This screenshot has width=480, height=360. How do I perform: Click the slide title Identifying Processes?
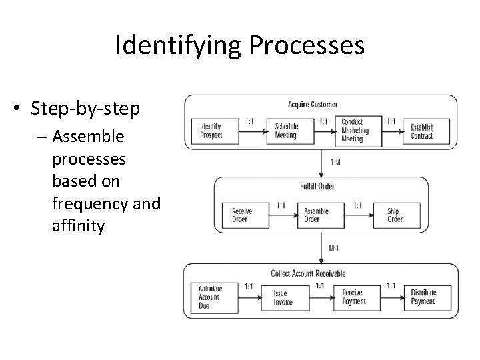[x=239, y=45]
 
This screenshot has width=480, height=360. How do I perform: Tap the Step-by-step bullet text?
[x=85, y=109]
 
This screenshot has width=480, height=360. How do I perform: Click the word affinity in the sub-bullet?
[x=78, y=227]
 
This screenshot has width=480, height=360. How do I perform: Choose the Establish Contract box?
[x=426, y=131]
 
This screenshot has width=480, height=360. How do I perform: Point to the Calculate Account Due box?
[x=215, y=297]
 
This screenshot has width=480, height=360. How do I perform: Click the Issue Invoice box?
[x=289, y=297]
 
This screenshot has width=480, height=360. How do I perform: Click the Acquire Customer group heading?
[x=313, y=105]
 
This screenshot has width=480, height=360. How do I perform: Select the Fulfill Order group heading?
[x=317, y=186]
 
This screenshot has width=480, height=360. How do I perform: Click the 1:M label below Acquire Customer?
[x=335, y=162]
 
